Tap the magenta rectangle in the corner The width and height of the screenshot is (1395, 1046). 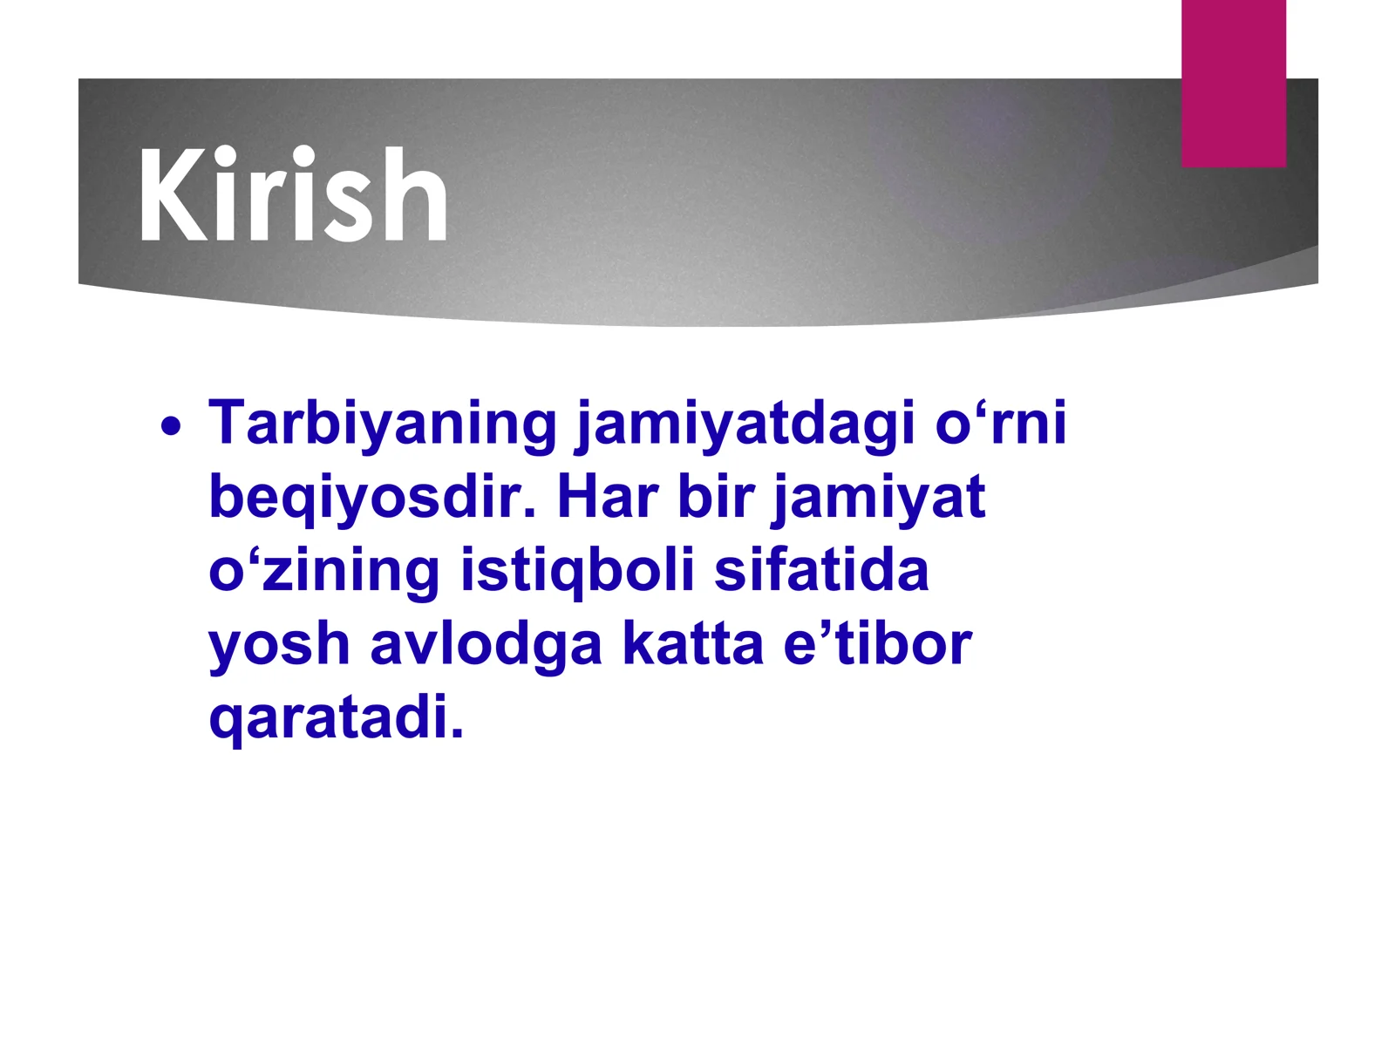click(1233, 83)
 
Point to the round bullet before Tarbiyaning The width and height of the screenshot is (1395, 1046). click(172, 427)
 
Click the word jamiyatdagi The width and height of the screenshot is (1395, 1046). click(745, 424)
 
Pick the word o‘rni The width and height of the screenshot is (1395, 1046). click(1001, 424)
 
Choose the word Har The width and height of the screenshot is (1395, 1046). click(608, 498)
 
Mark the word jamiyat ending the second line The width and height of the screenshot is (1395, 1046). click(879, 498)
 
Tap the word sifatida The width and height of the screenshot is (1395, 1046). click(821, 571)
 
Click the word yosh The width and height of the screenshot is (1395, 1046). click(279, 645)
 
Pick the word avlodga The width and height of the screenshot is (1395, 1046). click(486, 645)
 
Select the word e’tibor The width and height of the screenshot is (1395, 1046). click(877, 645)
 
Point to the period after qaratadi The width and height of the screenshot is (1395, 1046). click(457, 734)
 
